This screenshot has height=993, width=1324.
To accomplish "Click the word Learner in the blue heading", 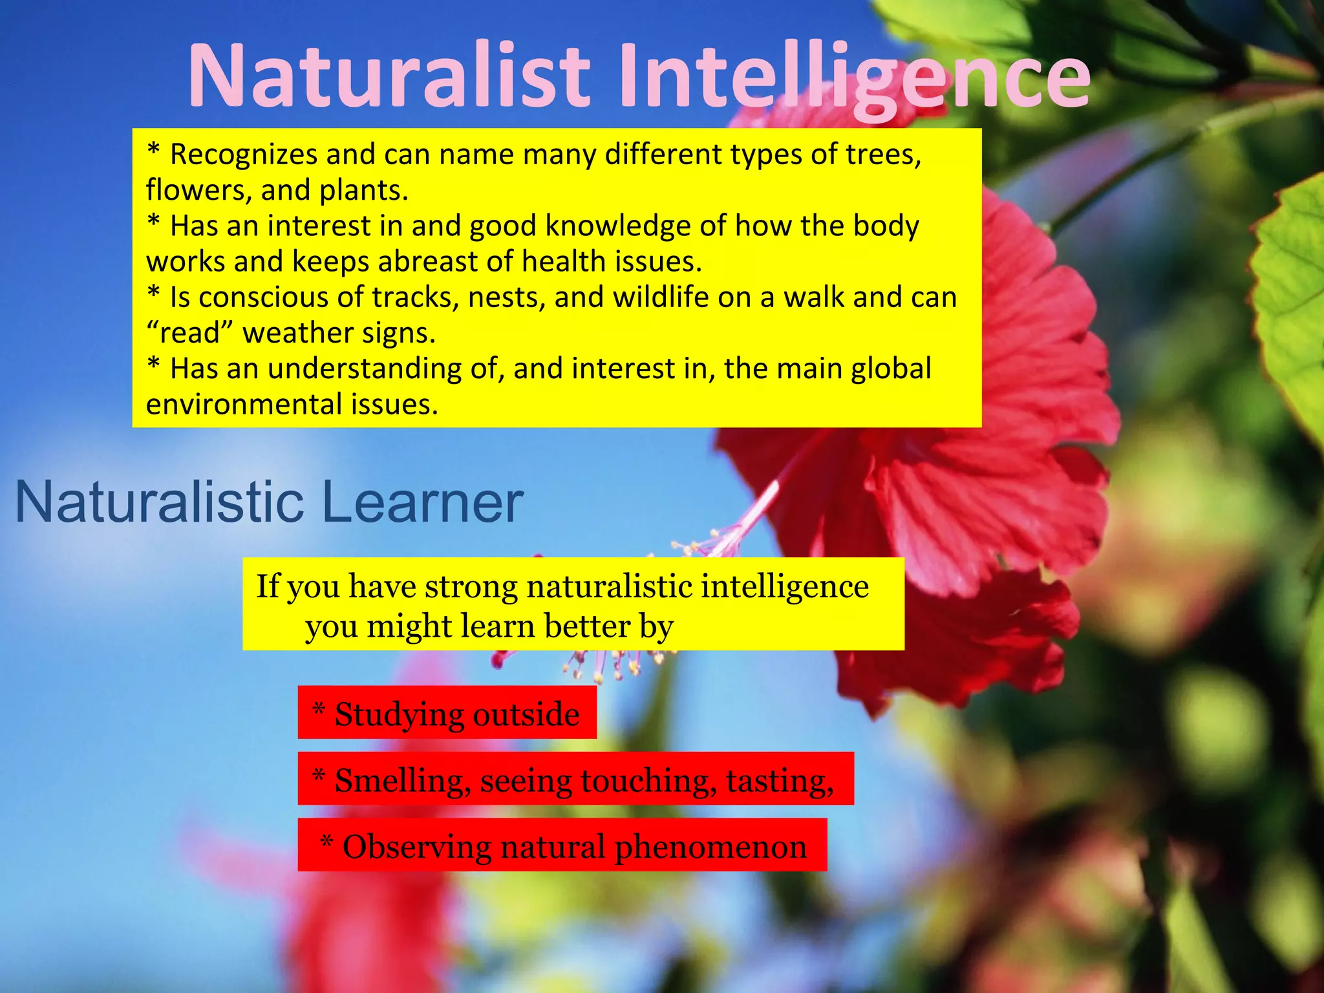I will click(x=422, y=502).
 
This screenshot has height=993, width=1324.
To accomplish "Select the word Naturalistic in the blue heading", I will click(x=159, y=502).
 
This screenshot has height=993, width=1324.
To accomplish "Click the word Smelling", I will click(x=402, y=781).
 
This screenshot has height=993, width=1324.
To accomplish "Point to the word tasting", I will click(x=779, y=781).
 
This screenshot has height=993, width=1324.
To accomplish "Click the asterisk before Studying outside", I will click(x=318, y=710).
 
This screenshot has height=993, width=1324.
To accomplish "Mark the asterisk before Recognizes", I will click(x=153, y=151).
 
